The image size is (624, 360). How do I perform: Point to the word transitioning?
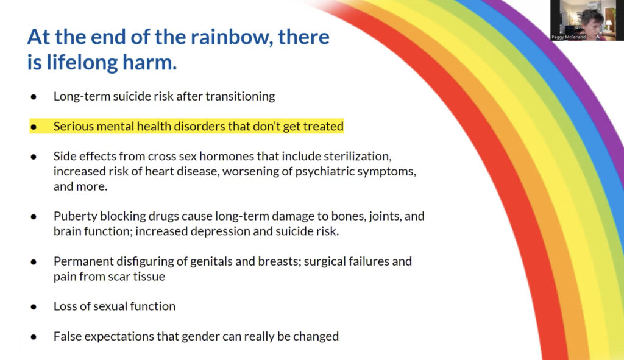click(x=240, y=97)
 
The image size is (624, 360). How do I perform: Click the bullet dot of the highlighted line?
click(x=34, y=127)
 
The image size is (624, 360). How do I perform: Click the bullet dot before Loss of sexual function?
click(x=34, y=306)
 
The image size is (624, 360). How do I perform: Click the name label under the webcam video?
click(x=569, y=37)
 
